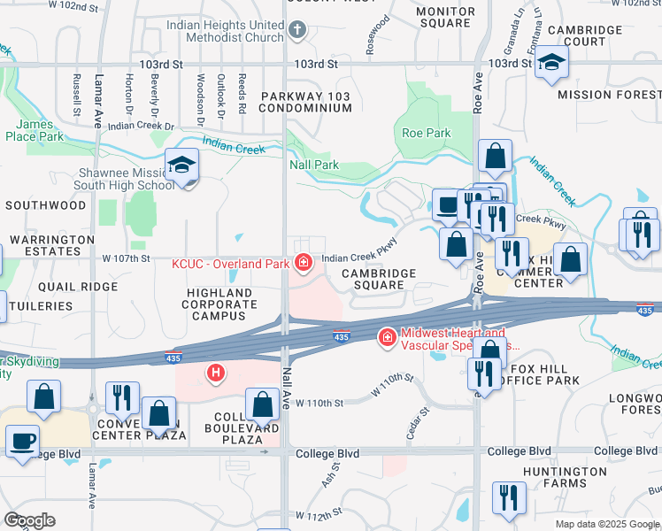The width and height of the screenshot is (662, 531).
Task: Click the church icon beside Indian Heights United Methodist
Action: coord(297,31)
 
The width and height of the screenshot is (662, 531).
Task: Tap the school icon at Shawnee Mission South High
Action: coord(182,166)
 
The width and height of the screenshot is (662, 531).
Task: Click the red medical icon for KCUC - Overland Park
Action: coord(304,263)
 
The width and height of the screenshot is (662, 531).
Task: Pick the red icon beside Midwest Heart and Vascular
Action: coord(386,337)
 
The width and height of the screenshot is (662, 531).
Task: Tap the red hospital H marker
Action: coord(216,373)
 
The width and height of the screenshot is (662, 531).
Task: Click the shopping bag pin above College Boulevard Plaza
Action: coord(263,405)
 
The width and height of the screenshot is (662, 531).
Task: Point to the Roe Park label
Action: coord(427,134)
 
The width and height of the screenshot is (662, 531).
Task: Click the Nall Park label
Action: coord(314,165)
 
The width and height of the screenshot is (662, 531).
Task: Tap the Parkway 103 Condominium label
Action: coord(305,102)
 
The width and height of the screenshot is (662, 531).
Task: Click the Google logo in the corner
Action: coord(29,520)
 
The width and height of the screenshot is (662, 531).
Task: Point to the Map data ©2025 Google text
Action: coord(606,524)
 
